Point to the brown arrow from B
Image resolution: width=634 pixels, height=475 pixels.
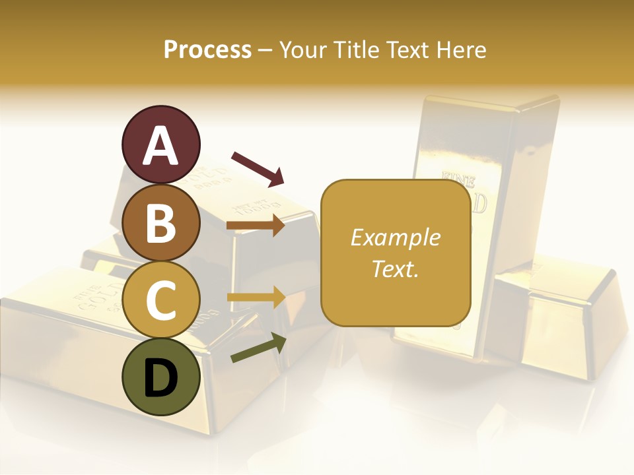256,226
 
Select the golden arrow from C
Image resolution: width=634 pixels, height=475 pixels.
256,298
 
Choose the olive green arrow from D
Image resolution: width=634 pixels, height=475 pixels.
258,348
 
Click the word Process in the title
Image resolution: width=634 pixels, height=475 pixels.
207,49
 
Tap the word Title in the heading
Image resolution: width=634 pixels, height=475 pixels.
355,49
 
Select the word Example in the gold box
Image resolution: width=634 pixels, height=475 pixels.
396,237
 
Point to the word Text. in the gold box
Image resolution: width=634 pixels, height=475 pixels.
396,269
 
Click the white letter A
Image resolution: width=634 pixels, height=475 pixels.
160,145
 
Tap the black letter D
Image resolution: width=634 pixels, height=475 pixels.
160,379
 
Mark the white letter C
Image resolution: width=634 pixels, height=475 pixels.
160,301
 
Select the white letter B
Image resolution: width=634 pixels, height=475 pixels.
160,223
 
